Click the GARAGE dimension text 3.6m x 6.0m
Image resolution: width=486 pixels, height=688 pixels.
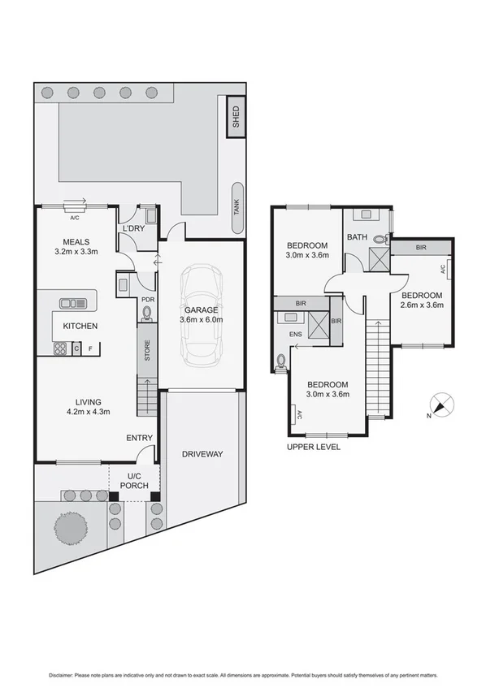[x=201, y=319]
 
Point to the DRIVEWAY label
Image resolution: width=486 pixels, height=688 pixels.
[x=202, y=454]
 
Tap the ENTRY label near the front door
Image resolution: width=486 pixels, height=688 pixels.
[x=139, y=439]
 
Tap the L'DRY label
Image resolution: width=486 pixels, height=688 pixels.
[x=132, y=230]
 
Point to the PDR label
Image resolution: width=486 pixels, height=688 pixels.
[x=148, y=299]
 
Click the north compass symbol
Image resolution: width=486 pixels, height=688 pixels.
[x=443, y=405]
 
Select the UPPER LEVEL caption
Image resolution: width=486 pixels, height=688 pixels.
[x=314, y=447]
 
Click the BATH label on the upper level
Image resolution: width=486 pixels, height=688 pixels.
[x=358, y=238]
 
